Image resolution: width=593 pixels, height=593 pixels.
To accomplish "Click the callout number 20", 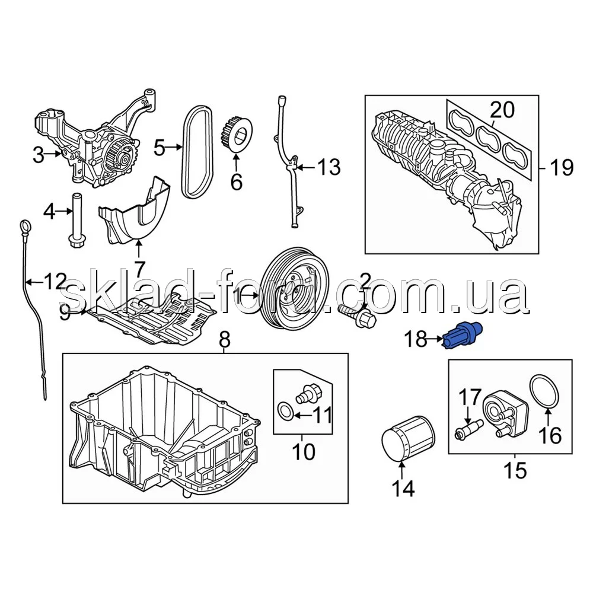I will tap(502, 110).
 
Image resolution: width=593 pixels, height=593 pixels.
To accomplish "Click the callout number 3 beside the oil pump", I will tap(38, 157).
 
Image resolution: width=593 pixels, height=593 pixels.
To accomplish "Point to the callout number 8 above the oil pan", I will tap(224, 341).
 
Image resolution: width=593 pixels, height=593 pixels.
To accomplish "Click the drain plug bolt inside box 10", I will tap(308, 392).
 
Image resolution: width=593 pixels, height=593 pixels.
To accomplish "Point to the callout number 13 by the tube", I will tap(327, 168).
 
